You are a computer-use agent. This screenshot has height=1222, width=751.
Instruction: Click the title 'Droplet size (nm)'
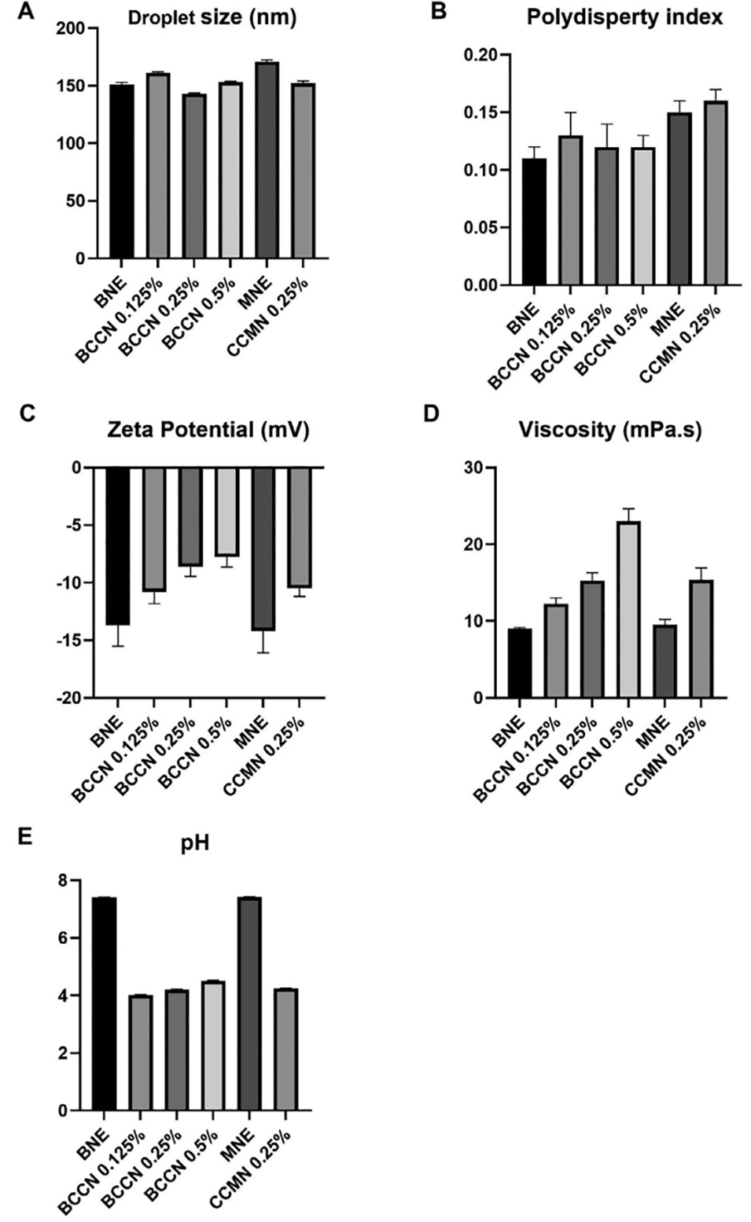(212, 17)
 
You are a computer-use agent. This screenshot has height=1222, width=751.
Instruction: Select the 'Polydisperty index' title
(624, 17)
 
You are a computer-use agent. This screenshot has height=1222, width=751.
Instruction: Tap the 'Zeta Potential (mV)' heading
(208, 430)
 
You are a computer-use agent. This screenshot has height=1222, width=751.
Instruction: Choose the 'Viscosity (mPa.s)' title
(610, 430)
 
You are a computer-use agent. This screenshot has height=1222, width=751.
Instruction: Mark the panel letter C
(28, 413)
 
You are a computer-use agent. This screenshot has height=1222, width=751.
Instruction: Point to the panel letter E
(25, 835)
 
